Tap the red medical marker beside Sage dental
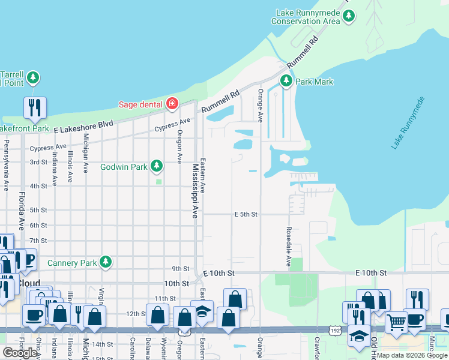[x=172, y=104]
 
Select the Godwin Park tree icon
[x=157, y=165]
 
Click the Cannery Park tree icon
[x=106, y=262]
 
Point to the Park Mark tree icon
[x=286, y=81]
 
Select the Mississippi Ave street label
[x=195, y=191]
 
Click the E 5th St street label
[x=246, y=214]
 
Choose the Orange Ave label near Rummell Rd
[x=261, y=106]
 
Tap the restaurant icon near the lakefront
[x=34, y=108]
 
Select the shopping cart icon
[x=396, y=322]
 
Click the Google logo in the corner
[x=20, y=353]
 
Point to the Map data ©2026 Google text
[x=412, y=355]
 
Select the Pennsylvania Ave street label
[x=6, y=166]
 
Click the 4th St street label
[x=39, y=186]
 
